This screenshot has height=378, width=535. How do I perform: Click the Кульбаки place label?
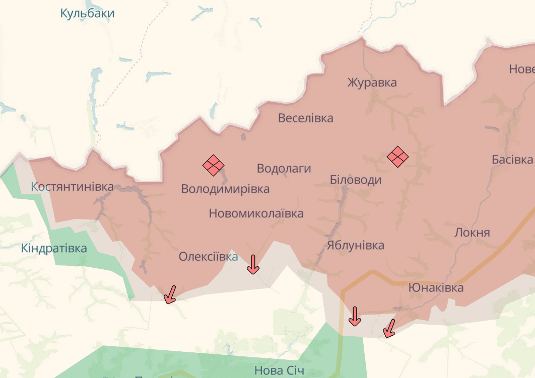87,14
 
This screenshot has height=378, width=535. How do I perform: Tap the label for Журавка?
372,83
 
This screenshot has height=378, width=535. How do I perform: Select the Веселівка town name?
305,118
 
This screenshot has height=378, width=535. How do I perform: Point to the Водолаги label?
284,169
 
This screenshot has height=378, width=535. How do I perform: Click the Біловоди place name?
355,180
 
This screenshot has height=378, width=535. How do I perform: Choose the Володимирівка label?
225,189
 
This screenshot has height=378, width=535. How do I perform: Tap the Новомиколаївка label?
256,213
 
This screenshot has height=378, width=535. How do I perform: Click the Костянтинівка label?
72,187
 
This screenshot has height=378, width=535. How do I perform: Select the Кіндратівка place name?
54,248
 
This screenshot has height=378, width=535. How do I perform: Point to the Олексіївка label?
208,257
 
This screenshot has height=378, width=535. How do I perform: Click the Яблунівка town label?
355,246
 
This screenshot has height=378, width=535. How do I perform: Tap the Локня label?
472,233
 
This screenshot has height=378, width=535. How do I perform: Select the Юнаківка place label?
435,288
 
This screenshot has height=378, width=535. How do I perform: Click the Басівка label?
512,160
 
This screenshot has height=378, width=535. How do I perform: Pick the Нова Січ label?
279,371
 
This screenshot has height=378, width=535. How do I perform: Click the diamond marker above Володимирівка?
213,165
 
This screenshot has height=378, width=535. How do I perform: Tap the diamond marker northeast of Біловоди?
397,157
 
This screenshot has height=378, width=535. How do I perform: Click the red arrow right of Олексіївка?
253,264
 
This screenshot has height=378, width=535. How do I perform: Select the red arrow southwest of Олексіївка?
170,294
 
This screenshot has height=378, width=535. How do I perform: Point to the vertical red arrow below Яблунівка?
355,316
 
